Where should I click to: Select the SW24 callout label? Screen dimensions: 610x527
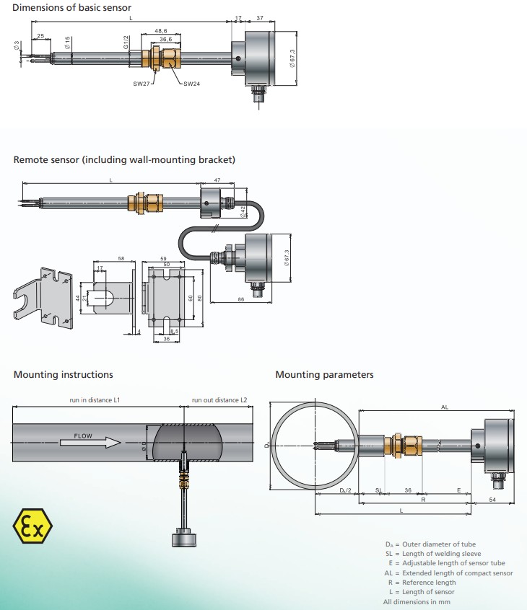click(191, 84)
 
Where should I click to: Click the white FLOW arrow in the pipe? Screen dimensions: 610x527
click(90, 438)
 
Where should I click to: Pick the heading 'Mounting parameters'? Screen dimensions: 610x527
click(324, 375)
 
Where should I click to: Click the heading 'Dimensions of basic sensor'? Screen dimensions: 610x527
click(72, 8)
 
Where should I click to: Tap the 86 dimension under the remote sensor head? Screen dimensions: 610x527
click(240, 298)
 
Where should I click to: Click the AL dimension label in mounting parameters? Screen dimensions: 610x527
click(444, 407)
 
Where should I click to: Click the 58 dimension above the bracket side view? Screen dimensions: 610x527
click(121, 258)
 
